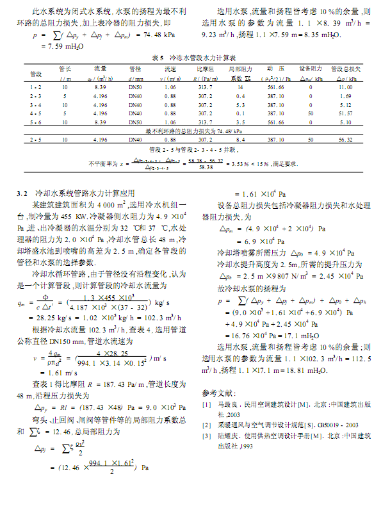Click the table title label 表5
(158, 58)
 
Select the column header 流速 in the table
(170, 68)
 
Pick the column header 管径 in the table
(135, 68)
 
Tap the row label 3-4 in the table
(35, 104)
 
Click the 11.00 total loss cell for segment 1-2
(345, 86)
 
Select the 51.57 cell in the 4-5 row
(345, 113)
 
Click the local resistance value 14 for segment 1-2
(240, 86)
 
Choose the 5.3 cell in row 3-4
(241, 104)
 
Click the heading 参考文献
(218, 391)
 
